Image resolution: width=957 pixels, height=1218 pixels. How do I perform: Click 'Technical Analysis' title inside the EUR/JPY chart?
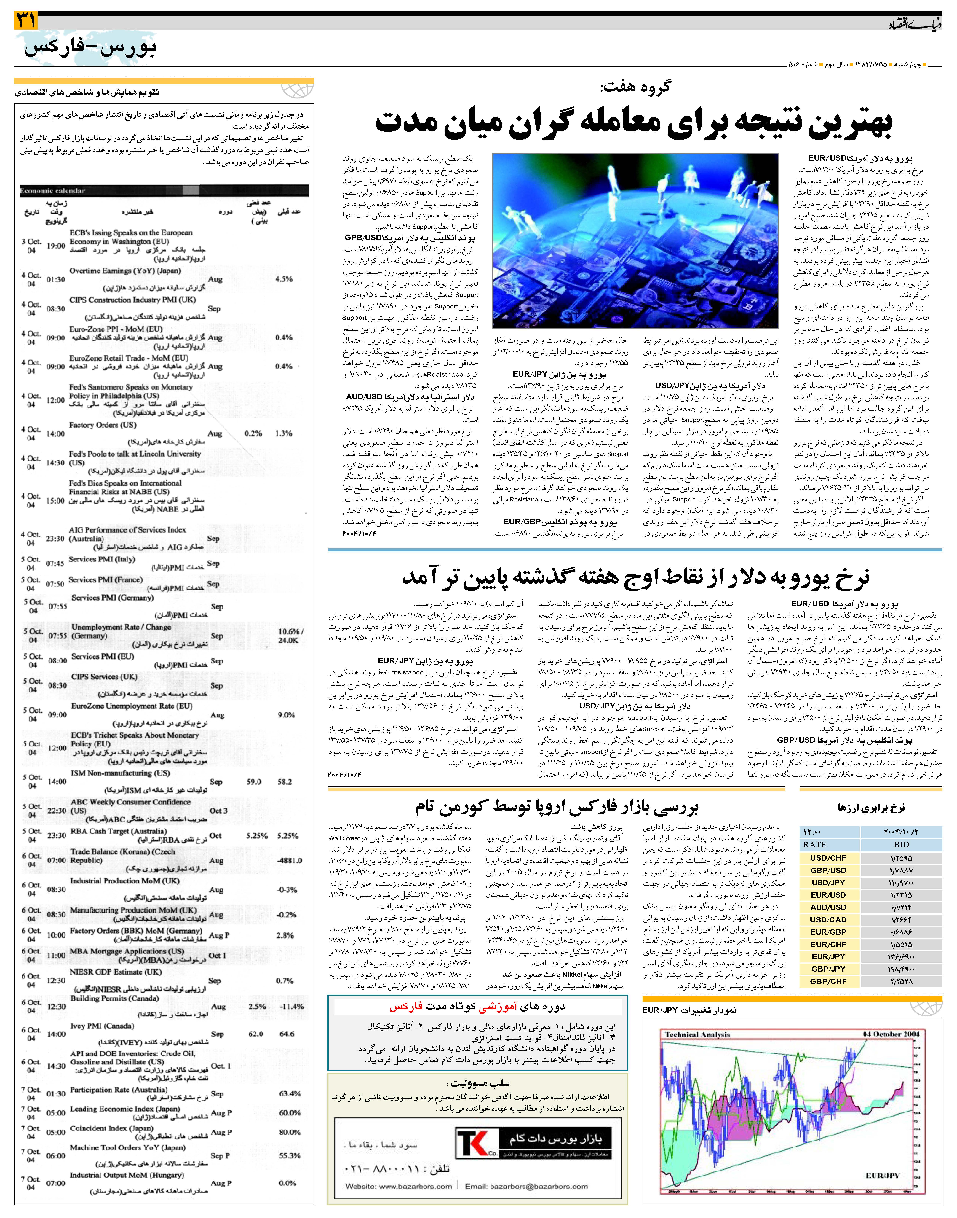[x=698, y=1035]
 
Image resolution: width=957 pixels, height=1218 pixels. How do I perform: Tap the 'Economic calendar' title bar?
[x=53, y=191]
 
